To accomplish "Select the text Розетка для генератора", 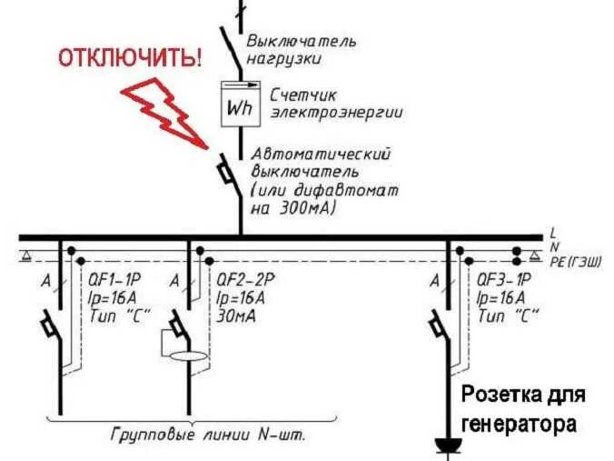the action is [x=522, y=409].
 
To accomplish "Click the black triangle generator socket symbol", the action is [x=447, y=445].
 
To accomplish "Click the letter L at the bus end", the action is [x=553, y=234].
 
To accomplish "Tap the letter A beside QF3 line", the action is [x=434, y=281].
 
